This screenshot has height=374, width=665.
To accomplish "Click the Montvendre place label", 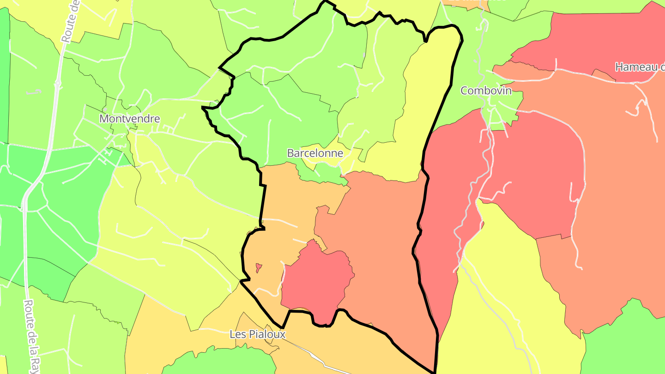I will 130,119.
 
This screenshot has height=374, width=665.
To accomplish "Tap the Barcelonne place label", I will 315,153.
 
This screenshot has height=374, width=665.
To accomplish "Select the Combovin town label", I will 486,90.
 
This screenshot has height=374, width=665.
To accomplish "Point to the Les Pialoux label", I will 258,334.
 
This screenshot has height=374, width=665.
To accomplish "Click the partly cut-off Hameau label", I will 640,67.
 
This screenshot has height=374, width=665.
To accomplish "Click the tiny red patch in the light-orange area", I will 259,267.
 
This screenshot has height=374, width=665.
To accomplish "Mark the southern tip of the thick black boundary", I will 435,371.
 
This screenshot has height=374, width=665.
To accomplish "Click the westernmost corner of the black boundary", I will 203,108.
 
